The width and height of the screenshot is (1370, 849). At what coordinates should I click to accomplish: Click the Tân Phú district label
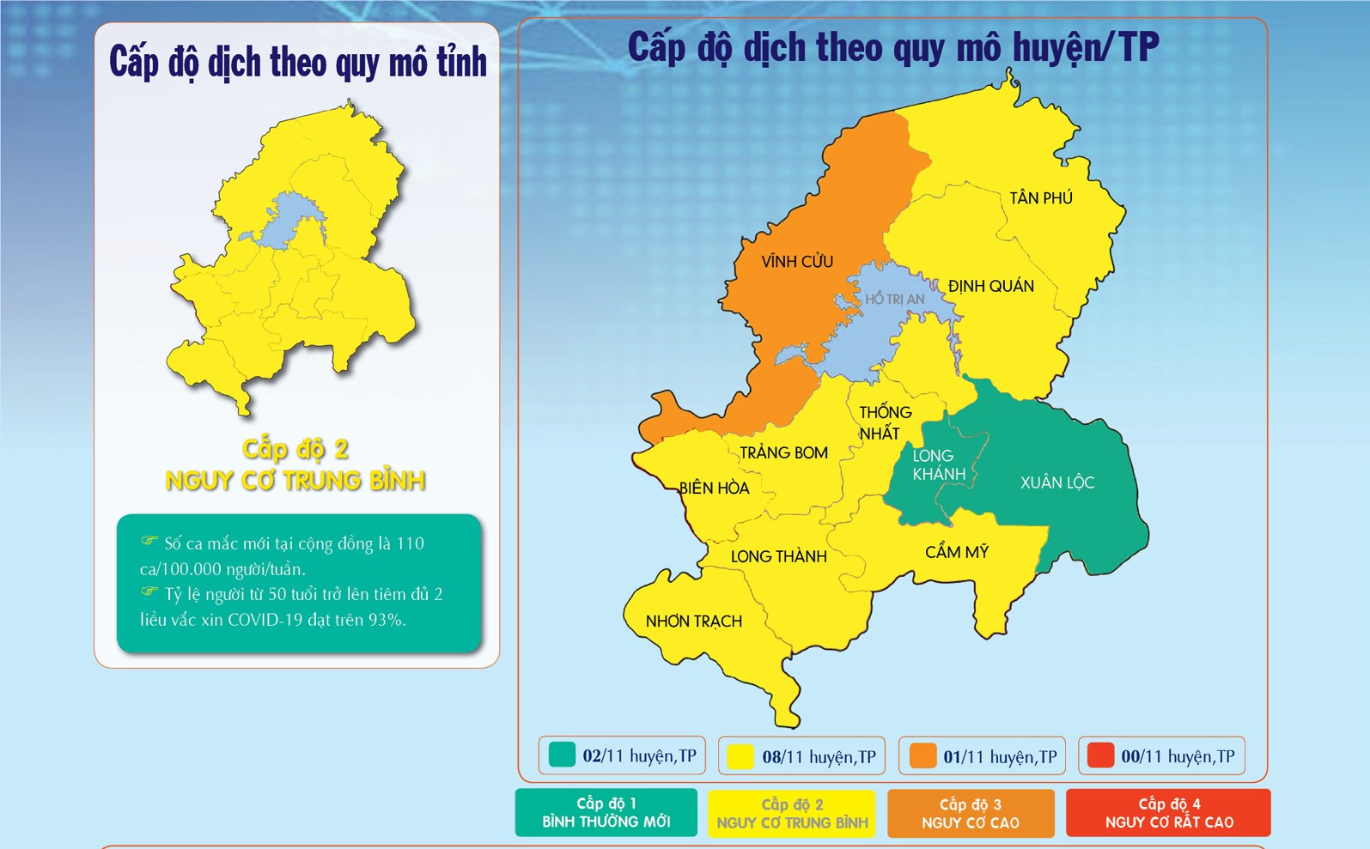1040,198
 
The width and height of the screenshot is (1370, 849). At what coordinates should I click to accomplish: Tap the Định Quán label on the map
990,286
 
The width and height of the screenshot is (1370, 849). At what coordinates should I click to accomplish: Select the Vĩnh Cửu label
796,261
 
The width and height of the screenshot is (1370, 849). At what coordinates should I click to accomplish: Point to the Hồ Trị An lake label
894,299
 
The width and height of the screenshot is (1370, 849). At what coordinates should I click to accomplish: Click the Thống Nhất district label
884,422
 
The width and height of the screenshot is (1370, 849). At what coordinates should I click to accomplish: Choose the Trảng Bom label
783,452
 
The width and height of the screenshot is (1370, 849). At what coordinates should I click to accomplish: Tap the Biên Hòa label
714,488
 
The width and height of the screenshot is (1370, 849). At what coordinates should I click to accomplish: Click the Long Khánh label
937,464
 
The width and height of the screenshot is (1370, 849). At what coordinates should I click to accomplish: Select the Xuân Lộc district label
1056,482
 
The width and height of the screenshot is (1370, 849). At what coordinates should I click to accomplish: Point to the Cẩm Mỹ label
956,552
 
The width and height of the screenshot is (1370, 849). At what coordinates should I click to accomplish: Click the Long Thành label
778,556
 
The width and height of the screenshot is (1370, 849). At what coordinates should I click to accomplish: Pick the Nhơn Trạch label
693,621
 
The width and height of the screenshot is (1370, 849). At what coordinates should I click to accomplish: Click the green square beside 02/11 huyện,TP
562,755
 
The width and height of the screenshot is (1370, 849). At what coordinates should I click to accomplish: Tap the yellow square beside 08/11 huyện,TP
740,756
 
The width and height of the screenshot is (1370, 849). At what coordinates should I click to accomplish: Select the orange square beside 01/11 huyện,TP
922,756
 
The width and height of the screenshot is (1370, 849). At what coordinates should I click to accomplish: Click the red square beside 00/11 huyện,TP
1100,755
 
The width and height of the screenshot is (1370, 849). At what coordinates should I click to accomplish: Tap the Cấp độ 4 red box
1168,813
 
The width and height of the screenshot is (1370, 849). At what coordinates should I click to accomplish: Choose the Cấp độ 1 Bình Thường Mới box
606,813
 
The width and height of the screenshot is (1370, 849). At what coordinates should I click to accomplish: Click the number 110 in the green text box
410,543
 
